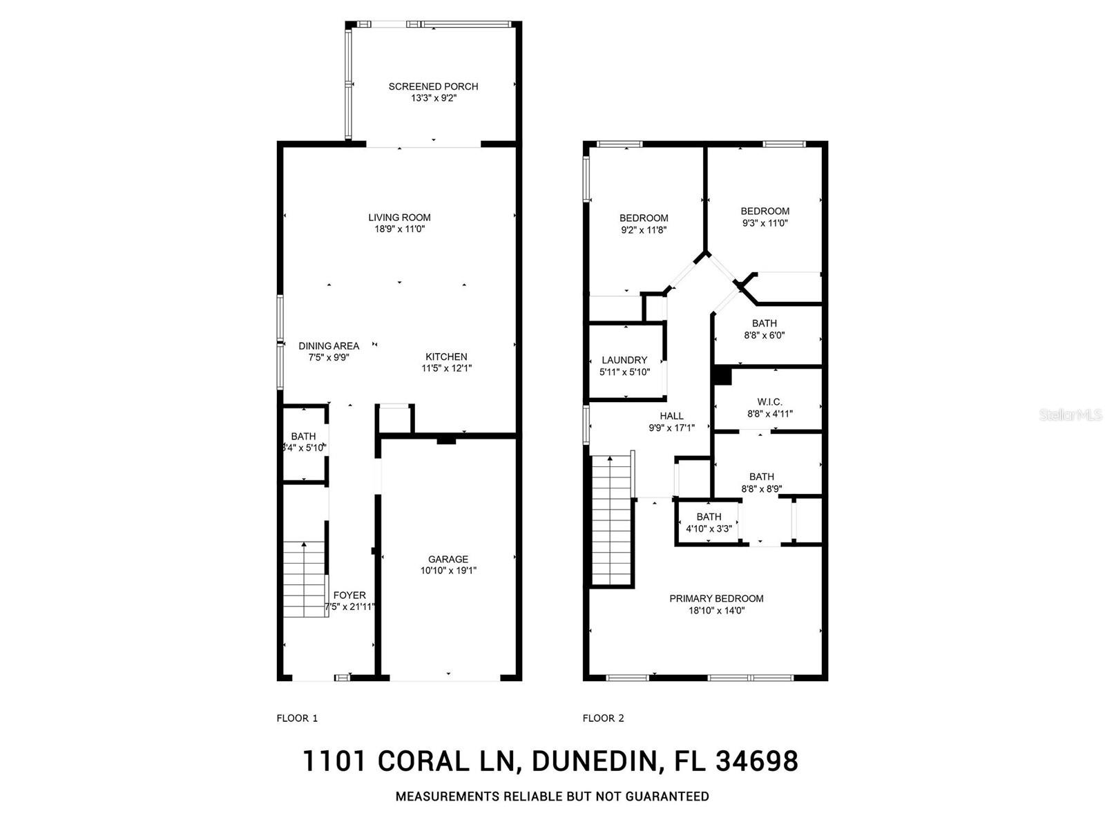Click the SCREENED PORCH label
click(x=433, y=86)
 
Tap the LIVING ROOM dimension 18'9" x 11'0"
click(x=399, y=229)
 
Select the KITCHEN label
click(x=446, y=356)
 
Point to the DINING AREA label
click(x=329, y=345)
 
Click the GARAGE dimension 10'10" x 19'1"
click(x=448, y=571)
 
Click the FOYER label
click(x=349, y=595)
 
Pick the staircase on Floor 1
click(x=305, y=580)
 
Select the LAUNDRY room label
click(x=624, y=360)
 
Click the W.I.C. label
click(x=769, y=401)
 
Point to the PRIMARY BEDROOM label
click(x=716, y=598)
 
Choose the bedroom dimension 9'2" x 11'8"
click(x=644, y=230)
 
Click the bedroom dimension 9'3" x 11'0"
click(x=765, y=223)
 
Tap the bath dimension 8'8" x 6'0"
click(x=765, y=335)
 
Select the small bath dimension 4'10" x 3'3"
click(x=709, y=528)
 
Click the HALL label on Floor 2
click(x=671, y=415)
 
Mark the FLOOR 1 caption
click(x=297, y=718)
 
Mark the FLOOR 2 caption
click(x=603, y=718)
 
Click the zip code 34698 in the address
click(x=757, y=761)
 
